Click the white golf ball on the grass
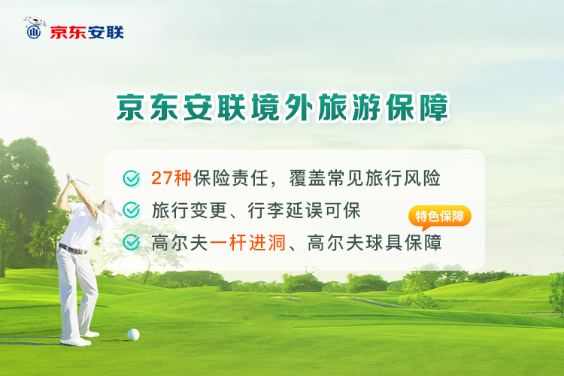tap(133, 335)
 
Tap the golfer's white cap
tap(114, 204)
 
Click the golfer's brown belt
tap(73, 249)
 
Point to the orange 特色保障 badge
tap(440, 217)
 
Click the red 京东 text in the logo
tap(68, 32)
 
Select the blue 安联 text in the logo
tap(105, 32)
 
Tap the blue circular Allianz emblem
tap(34, 32)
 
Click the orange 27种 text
tap(171, 177)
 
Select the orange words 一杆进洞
tap(247, 243)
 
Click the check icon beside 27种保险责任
tap(132, 178)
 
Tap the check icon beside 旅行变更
tap(132, 210)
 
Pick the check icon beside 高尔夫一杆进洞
tap(132, 242)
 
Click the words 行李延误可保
tap(305, 211)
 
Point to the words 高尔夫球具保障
tap(374, 243)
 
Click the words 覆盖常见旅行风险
tap(365, 177)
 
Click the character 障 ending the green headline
tap(434, 107)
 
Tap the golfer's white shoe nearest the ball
tap(90, 334)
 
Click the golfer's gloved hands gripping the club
tap(71, 177)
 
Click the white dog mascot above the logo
tap(35, 22)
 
